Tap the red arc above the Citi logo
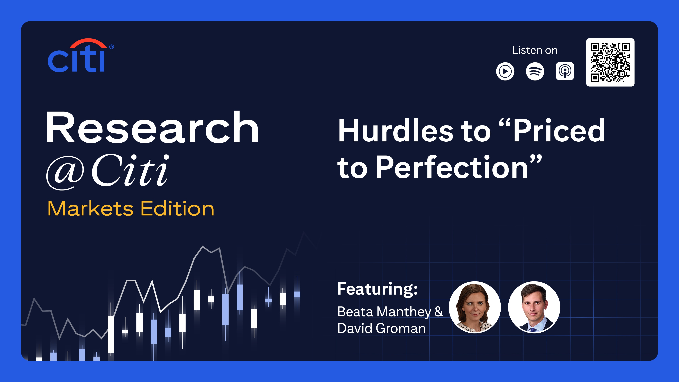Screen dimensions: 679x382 click(88, 42)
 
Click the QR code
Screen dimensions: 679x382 click(610, 62)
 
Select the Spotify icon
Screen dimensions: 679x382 click(535, 71)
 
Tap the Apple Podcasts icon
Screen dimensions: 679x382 click(565, 71)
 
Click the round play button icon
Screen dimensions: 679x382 click(505, 71)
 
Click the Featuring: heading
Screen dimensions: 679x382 click(378, 289)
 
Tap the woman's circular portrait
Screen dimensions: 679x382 click(475, 307)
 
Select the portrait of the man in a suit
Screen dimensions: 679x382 click(534, 307)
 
